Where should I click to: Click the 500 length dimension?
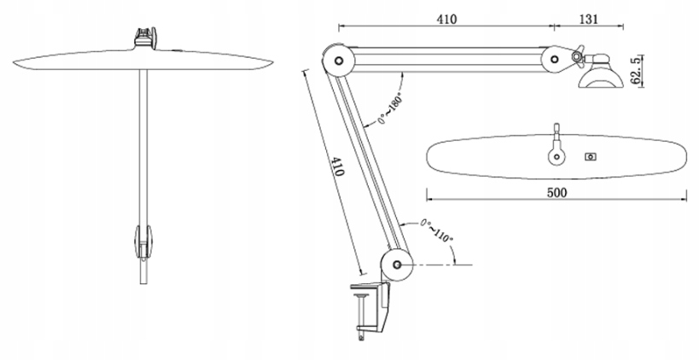(x=556, y=193)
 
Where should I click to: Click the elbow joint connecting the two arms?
(x=337, y=61)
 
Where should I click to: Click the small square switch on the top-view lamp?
(x=590, y=157)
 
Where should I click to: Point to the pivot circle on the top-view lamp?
(x=558, y=156)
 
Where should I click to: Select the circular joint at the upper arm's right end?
(x=556, y=60)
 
